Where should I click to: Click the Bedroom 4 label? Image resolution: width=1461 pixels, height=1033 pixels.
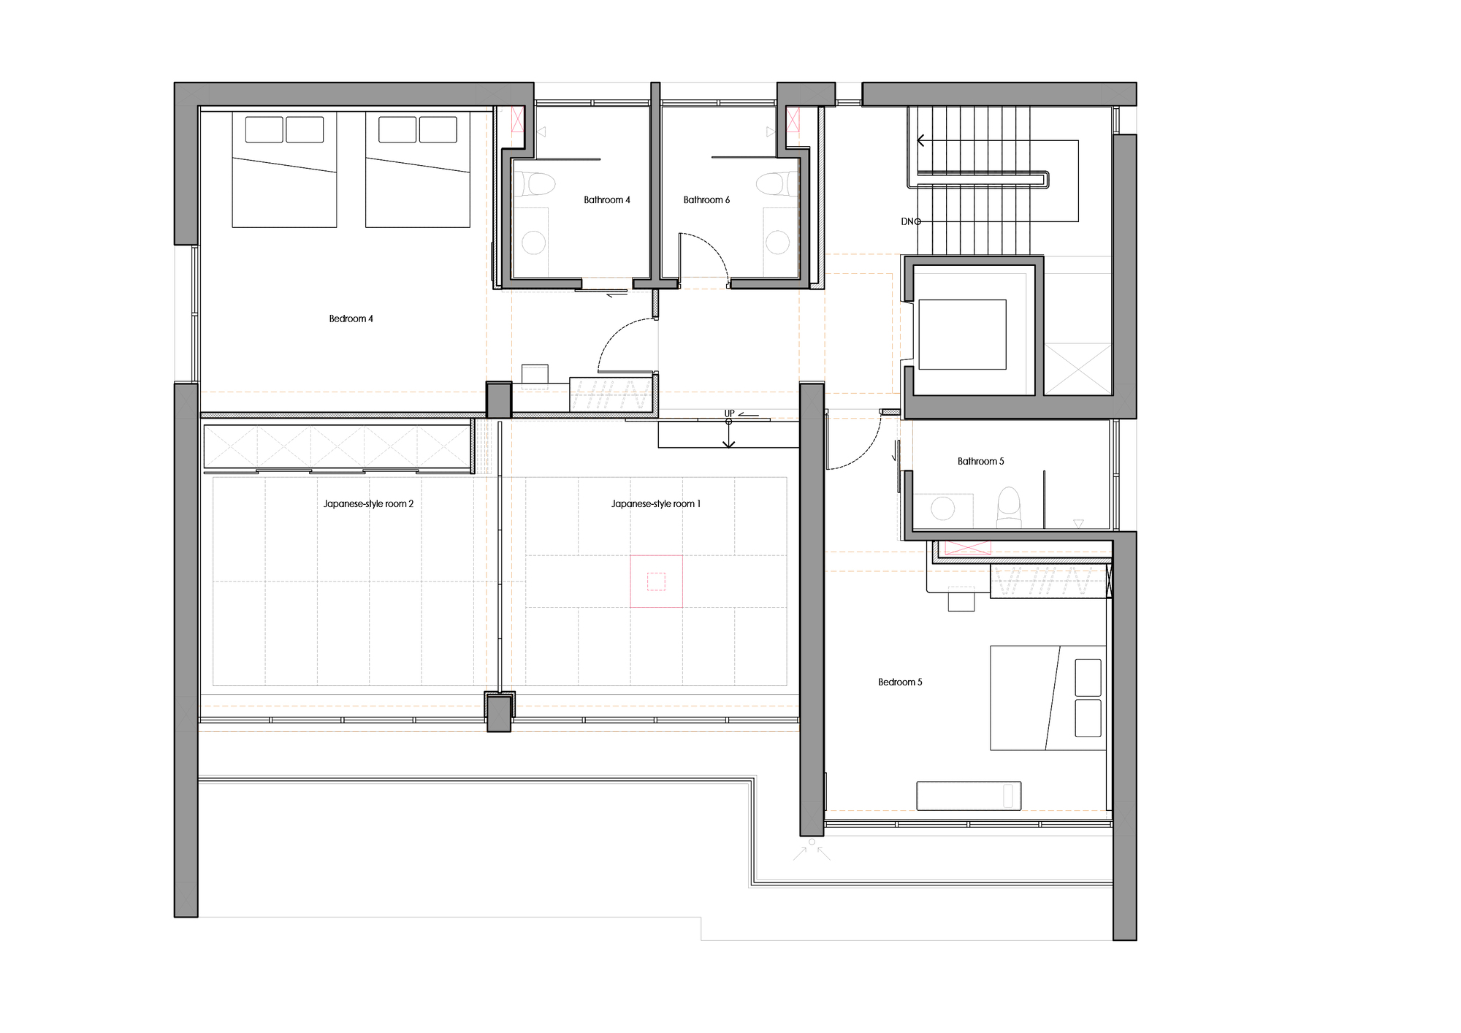pyautogui.click(x=351, y=319)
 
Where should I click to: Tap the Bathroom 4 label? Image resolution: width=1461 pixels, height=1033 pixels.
pyautogui.click(x=606, y=199)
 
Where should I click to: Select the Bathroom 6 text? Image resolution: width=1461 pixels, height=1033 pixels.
pyautogui.click(x=706, y=199)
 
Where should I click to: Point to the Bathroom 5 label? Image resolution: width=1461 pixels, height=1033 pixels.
pyautogui.click(x=980, y=461)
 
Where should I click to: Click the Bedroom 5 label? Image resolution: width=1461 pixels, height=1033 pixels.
pyautogui.click(x=900, y=682)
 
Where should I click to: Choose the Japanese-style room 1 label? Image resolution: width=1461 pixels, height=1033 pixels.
pyautogui.click(x=655, y=503)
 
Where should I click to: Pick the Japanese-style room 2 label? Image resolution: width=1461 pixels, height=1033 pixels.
pyautogui.click(x=368, y=503)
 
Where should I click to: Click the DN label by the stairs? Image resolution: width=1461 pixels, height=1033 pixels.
pyautogui.click(x=909, y=221)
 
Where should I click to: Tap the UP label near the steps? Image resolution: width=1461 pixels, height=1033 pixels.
pyautogui.click(x=729, y=413)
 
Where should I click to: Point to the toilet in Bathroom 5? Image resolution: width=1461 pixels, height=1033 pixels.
pyautogui.click(x=1009, y=506)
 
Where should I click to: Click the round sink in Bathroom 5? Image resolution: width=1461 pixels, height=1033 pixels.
pyautogui.click(x=942, y=508)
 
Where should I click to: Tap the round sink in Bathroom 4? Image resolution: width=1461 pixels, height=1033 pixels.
pyautogui.click(x=534, y=243)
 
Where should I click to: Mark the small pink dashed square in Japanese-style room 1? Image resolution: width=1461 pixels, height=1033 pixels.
pyautogui.click(x=656, y=582)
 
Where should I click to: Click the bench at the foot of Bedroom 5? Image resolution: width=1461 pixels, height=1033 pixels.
pyautogui.click(x=969, y=796)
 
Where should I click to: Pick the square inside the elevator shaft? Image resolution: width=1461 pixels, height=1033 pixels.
pyautogui.click(x=962, y=334)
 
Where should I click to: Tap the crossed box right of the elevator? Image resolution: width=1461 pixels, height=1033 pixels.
pyautogui.click(x=1077, y=369)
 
